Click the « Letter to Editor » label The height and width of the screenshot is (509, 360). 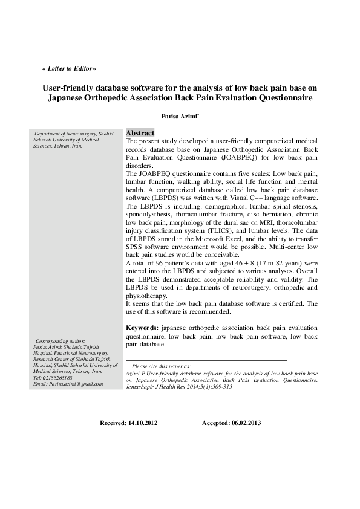pyautogui.click(x=69, y=69)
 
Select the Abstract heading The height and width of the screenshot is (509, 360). pyautogui.click(x=140, y=133)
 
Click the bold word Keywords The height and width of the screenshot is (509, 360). pyautogui.click(x=141, y=328)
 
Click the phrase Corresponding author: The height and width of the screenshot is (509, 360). pyautogui.click(x=61, y=342)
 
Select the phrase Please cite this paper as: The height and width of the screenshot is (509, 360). pyautogui.click(x=161, y=366)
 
